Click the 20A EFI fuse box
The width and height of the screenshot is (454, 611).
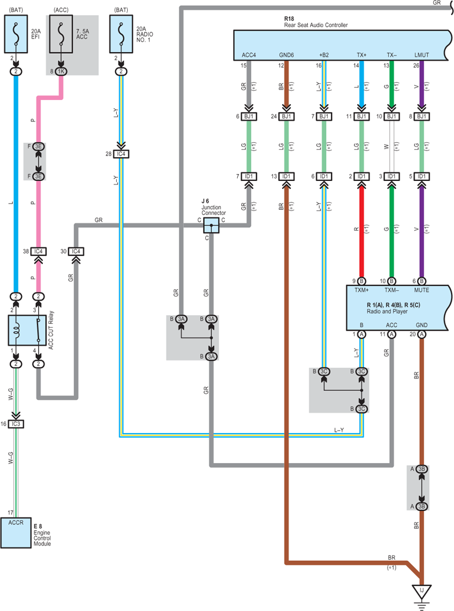coord(16,34)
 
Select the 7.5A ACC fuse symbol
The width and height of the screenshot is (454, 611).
coord(61,34)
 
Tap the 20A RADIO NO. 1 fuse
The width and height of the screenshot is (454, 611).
coord(121,34)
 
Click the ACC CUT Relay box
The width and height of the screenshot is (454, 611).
coord(24,331)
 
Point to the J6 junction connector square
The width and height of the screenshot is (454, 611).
coord(211,225)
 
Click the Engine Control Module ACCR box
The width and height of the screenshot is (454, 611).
coord(16,533)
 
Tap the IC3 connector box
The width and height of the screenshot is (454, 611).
coord(16,424)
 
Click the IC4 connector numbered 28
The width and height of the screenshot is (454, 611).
coord(121,154)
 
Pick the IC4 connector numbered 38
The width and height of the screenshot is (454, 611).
coord(38,251)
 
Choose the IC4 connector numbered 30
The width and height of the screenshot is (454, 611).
coord(76,251)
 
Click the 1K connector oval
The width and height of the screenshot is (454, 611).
coord(61,71)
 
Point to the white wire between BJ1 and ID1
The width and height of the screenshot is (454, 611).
coord(392,146)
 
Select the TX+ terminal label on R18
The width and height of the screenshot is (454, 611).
coord(361,55)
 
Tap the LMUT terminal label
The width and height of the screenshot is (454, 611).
coord(422,55)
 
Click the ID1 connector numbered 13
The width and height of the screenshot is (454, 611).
coord(286,176)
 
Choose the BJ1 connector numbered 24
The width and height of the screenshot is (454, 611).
coord(286,116)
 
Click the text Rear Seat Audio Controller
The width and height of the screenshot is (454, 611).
coord(316,25)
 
